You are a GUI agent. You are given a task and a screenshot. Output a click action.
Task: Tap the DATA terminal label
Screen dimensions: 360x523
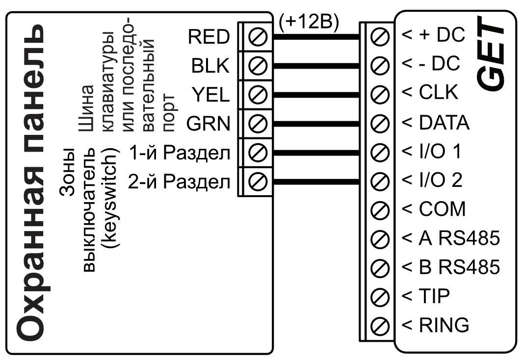point(438,122)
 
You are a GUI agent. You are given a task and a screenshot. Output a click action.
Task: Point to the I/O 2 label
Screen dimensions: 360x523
point(432,180)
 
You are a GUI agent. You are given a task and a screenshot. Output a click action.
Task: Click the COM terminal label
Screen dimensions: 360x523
point(434,209)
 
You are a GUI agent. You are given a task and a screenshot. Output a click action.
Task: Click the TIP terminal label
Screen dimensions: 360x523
point(426,296)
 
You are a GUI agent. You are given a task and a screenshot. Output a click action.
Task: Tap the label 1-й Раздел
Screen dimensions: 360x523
point(179,153)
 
